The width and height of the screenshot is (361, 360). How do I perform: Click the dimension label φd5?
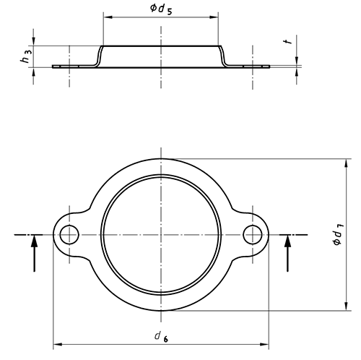coord(161,9)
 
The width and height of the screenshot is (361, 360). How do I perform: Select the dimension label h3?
coord(26,56)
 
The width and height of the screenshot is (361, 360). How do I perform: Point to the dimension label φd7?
coord(339,234)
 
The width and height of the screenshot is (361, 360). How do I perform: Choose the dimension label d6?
coord(162,336)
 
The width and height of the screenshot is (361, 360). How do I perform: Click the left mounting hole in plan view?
coord(69,234)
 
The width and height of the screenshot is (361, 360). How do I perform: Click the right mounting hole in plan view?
coord(253,234)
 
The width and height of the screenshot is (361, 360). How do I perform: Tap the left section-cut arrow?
coord(35,253)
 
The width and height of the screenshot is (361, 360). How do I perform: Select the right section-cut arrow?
coord(287,253)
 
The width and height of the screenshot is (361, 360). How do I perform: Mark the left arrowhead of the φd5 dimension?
coord(108,17)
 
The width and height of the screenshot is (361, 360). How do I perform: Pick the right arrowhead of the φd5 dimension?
coord(214,17)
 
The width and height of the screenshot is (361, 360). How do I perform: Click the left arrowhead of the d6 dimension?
coord(57,345)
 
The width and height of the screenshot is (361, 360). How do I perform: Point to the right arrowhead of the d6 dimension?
coord(264,345)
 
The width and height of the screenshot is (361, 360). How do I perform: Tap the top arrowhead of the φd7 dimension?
coord(346,163)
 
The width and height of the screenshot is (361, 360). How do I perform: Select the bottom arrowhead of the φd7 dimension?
coord(346,306)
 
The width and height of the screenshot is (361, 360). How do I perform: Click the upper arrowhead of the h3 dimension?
coord(33,41)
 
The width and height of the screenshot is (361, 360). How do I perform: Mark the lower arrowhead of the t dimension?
coord(297,72)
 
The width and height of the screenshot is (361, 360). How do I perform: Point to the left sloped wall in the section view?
coord(99,56)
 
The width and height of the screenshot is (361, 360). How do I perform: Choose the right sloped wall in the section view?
coord(223,56)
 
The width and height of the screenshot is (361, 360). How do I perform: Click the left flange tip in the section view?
coord(53,67)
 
